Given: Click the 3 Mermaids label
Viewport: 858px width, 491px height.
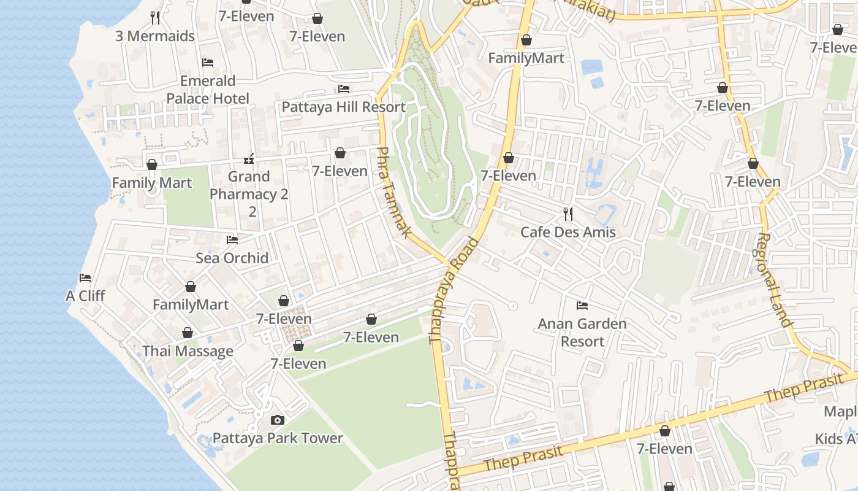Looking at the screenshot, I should point(155,36).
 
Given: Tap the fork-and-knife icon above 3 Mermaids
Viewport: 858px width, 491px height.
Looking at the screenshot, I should point(155,17).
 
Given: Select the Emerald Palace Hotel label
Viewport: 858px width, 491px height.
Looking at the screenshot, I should point(208,90).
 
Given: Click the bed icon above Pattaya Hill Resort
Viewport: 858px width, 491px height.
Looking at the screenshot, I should point(344,90).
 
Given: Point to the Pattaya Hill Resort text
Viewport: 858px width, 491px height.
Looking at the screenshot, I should point(343,107).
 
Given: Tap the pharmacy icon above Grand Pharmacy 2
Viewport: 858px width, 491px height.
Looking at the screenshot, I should point(249,160).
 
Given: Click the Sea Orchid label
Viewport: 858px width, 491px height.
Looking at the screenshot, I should point(232,258).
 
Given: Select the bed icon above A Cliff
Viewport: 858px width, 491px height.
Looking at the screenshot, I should point(85,278).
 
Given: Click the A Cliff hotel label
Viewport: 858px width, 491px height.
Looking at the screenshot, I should point(85,296).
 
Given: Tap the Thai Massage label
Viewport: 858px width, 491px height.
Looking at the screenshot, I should point(188,351).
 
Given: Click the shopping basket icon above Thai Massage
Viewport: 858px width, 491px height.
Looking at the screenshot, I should point(188,333).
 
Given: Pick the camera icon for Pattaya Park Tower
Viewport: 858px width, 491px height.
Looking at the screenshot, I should point(278,420).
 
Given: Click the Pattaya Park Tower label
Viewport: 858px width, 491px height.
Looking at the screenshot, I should point(278,438).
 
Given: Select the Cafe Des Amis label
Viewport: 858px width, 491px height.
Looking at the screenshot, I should point(568,232).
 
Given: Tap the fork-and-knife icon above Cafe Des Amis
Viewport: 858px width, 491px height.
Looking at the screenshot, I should point(568,214).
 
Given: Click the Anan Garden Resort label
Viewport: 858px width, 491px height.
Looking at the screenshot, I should point(582,332).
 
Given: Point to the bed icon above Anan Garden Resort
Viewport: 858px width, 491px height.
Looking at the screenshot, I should point(582,306).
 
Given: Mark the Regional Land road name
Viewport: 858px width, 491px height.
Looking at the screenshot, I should point(775,279).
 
